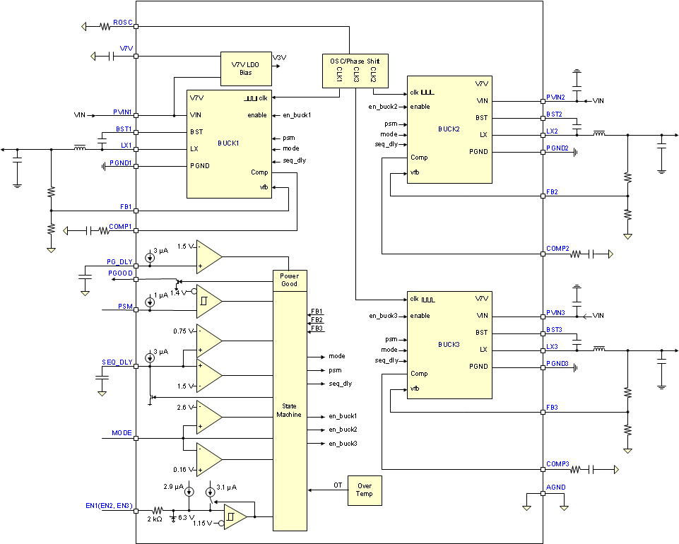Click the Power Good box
289,280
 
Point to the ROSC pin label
123,23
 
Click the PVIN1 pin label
123,112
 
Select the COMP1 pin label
121,226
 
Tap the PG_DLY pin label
121,261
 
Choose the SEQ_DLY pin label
118,362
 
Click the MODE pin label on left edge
122,432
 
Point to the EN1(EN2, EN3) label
108,506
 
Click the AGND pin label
555,487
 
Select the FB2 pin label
552,192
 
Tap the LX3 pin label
552,346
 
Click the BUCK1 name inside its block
229,143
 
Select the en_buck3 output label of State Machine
343,443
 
